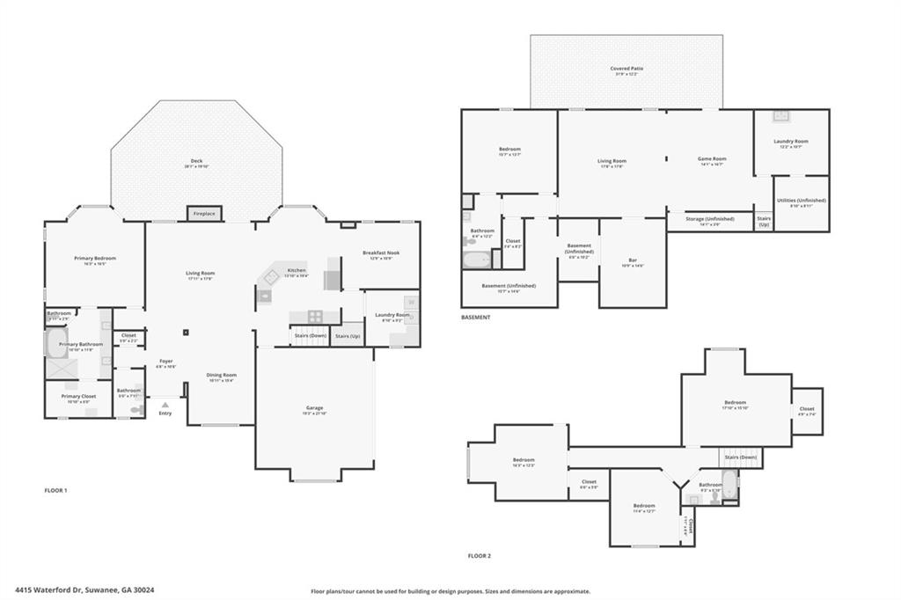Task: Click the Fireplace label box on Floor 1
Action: click(204, 214)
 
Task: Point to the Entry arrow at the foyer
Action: click(165, 405)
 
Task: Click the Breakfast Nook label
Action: click(381, 255)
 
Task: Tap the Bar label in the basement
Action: click(633, 262)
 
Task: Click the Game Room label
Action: click(711, 161)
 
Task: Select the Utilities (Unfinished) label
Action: click(802, 202)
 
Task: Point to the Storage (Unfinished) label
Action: click(709, 221)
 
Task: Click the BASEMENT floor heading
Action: click(476, 318)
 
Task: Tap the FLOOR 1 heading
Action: click(55, 490)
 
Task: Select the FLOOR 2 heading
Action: click(480, 556)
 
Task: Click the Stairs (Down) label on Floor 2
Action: click(741, 457)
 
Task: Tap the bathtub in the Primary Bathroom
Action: click(55, 345)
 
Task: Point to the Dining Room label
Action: click(222, 377)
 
